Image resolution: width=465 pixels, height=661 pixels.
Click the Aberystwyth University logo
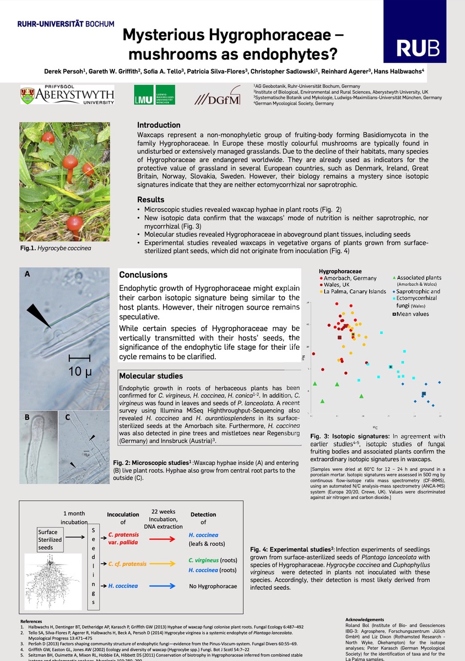[x=67, y=95]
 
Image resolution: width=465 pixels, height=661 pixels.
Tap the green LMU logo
[x=155, y=95]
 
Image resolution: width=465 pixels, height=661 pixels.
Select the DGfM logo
[x=218, y=97]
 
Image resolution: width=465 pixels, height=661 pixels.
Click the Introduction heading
[x=159, y=125]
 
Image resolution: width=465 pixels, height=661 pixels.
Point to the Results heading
[x=150, y=199]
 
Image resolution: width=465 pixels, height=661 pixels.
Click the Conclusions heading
[x=143, y=275]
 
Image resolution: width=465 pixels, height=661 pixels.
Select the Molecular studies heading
[x=151, y=376]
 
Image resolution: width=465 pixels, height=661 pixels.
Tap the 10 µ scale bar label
[x=79, y=371]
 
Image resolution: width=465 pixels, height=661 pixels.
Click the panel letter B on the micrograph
[x=26, y=418]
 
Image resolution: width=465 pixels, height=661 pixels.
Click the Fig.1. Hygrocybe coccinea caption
[x=56, y=248]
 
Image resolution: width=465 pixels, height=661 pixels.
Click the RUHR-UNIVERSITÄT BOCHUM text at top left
[x=66, y=24]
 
